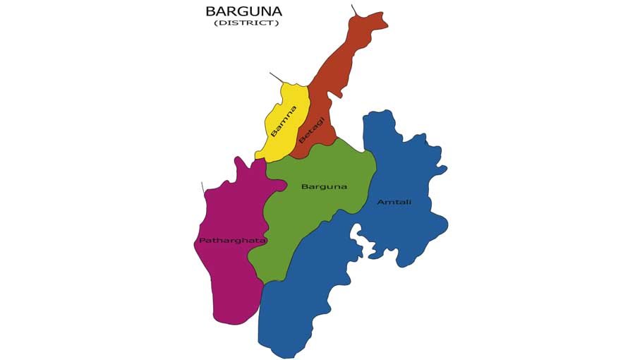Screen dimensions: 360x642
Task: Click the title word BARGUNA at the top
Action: pyautogui.click(x=243, y=11)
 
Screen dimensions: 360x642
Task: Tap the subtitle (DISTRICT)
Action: pyautogui.click(x=247, y=23)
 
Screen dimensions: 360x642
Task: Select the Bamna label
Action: pyautogui.click(x=284, y=121)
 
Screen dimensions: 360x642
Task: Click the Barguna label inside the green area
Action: pyautogui.click(x=324, y=186)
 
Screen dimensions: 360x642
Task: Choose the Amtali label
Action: pyautogui.click(x=394, y=202)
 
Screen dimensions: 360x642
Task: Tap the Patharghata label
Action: pyautogui.click(x=222, y=241)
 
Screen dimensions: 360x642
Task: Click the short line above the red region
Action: pyautogui.click(x=355, y=10)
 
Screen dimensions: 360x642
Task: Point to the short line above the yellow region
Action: pyautogui.click(x=277, y=78)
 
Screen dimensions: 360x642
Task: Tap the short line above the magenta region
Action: pyautogui.click(x=202, y=188)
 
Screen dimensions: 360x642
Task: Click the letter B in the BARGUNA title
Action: pyautogui.click(x=210, y=11)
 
